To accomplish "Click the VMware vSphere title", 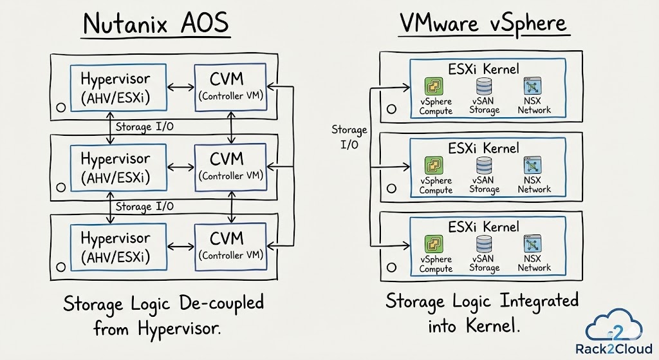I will (483, 24).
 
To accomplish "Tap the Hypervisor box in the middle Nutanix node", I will (115, 166).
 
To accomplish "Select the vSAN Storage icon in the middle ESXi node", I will (484, 166).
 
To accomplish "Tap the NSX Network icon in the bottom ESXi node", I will (533, 244).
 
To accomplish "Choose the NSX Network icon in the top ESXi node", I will (533, 86).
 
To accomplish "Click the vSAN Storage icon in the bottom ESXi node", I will (484, 245).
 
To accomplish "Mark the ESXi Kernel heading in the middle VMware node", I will (484, 149).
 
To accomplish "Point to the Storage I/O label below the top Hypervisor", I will (144, 127).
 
